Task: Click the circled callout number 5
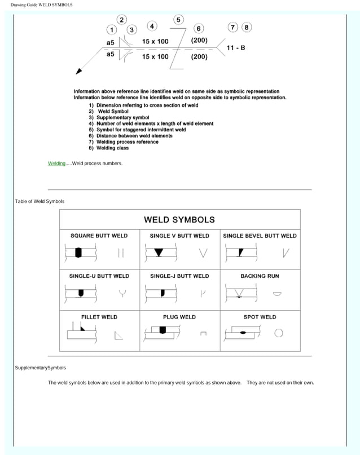pyautogui.click(x=178, y=20)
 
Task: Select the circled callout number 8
pyautogui.click(x=247, y=27)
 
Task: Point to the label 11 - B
pyautogui.click(x=235, y=48)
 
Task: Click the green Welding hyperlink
pyautogui.click(x=56, y=164)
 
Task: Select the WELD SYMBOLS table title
pyautogui.click(x=179, y=219)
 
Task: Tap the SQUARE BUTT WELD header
pyautogui.click(x=99, y=236)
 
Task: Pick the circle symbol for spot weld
pyautogui.click(x=278, y=333)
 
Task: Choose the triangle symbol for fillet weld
pyautogui.click(x=119, y=335)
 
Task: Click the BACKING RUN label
pyautogui.click(x=260, y=276)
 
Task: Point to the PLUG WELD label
pyautogui.click(x=179, y=317)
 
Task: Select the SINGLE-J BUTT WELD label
pyautogui.click(x=179, y=276)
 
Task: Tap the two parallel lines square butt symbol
pyautogui.click(x=121, y=253)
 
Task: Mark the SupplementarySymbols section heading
pyautogui.click(x=40, y=368)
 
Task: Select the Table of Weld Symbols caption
pyautogui.click(x=39, y=201)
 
